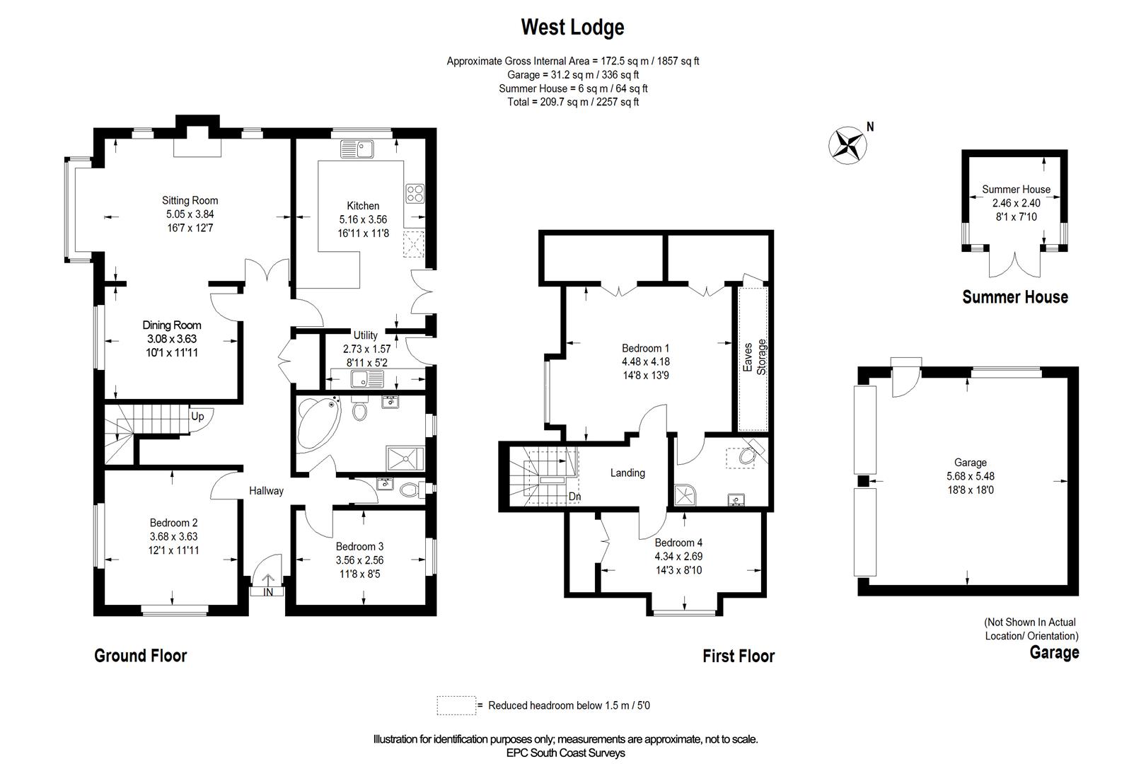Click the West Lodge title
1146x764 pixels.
coord(572,28)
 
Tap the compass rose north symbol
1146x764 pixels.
coord(847,145)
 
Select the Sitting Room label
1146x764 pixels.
coord(190,200)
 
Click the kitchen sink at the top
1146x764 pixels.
coord(357,149)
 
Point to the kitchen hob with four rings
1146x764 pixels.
coord(415,192)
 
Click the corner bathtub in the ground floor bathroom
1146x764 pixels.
coord(316,425)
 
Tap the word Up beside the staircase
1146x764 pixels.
coord(197,416)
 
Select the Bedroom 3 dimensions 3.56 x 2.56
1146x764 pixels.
coord(359,560)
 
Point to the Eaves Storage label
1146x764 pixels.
coord(754,357)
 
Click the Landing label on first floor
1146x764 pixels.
coord(627,473)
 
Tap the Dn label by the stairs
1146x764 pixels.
coord(574,497)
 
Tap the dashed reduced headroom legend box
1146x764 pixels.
coord(456,705)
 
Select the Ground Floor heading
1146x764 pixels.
coord(140,656)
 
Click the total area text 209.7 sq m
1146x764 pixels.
coord(572,102)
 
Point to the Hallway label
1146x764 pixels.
coord(266,490)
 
